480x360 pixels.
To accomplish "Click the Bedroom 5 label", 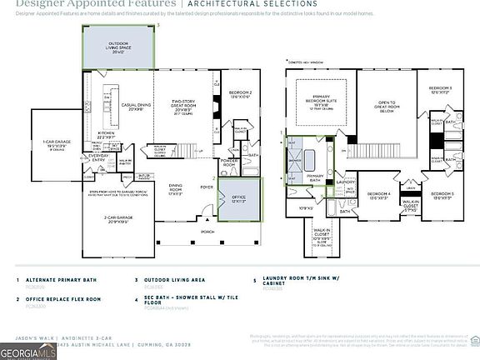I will [x=443, y=195].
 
